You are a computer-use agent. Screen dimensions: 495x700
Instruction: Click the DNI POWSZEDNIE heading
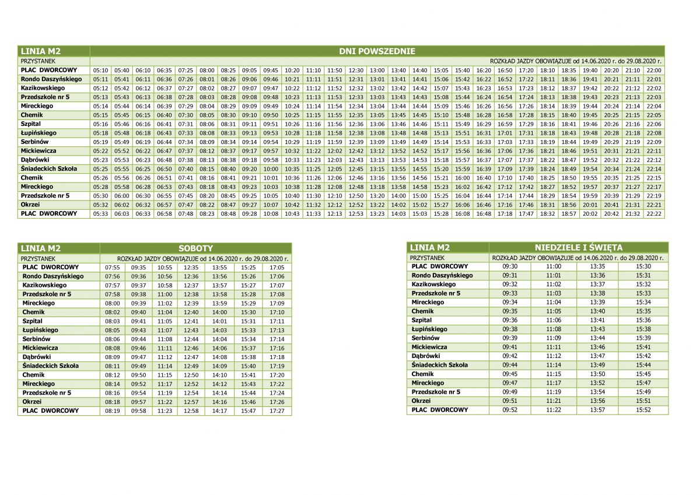coord(377,51)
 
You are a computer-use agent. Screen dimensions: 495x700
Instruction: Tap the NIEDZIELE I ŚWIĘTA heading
coord(578,247)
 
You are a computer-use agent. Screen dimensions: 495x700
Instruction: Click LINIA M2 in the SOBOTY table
coord(40,248)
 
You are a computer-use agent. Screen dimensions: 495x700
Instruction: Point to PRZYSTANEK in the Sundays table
coord(427,257)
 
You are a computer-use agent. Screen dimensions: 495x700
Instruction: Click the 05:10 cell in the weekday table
coord(100,70)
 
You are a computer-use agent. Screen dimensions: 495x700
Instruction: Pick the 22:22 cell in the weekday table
coord(654,213)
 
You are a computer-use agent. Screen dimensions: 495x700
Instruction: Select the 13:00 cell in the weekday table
coord(377,70)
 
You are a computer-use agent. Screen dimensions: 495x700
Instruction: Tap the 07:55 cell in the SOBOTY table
coord(113,267)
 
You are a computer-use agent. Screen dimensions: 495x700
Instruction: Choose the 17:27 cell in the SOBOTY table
coord(277,411)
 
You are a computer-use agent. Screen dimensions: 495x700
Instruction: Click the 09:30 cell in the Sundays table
coord(510,266)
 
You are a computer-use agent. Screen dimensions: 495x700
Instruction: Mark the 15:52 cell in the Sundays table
coord(643,410)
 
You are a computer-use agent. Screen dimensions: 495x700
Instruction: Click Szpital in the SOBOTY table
coord(32,321)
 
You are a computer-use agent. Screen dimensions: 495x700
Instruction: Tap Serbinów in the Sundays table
coord(425,338)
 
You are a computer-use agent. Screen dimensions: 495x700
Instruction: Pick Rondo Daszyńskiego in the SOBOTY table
coord(52,276)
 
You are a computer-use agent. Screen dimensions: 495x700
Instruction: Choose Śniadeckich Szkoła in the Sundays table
coord(439,365)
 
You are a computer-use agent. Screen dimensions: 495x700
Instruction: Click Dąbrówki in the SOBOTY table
coord(37,357)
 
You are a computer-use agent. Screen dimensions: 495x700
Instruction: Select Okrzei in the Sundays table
coord(421,401)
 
